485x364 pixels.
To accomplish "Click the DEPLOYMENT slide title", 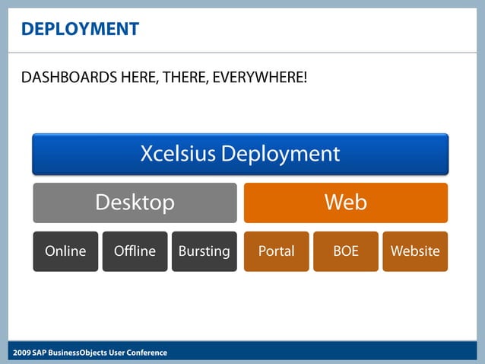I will coord(80,30).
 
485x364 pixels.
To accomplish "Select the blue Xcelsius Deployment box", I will coord(240,154).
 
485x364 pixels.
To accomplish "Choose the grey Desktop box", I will coord(135,203).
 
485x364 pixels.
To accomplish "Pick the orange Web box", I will coord(345,203).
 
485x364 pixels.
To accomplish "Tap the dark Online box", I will coord(65,251).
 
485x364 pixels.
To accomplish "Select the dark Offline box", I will coord(135,251).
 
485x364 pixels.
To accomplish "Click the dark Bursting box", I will coord(204,251).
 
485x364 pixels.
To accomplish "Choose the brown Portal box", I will coord(276,251).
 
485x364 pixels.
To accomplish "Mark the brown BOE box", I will coord(346,251).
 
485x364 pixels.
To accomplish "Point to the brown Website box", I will coord(415,251).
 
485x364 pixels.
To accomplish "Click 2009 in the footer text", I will coord(21,353).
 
